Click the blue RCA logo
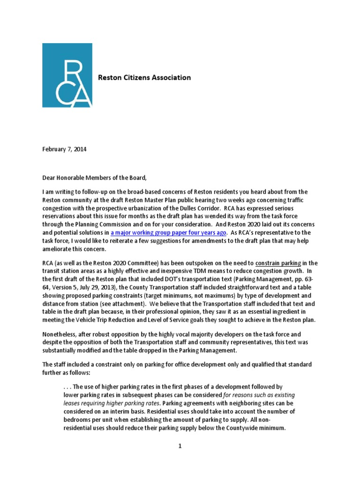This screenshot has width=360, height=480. [67, 75]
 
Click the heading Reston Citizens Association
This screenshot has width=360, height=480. [144, 77]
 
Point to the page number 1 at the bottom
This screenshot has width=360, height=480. [180, 446]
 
